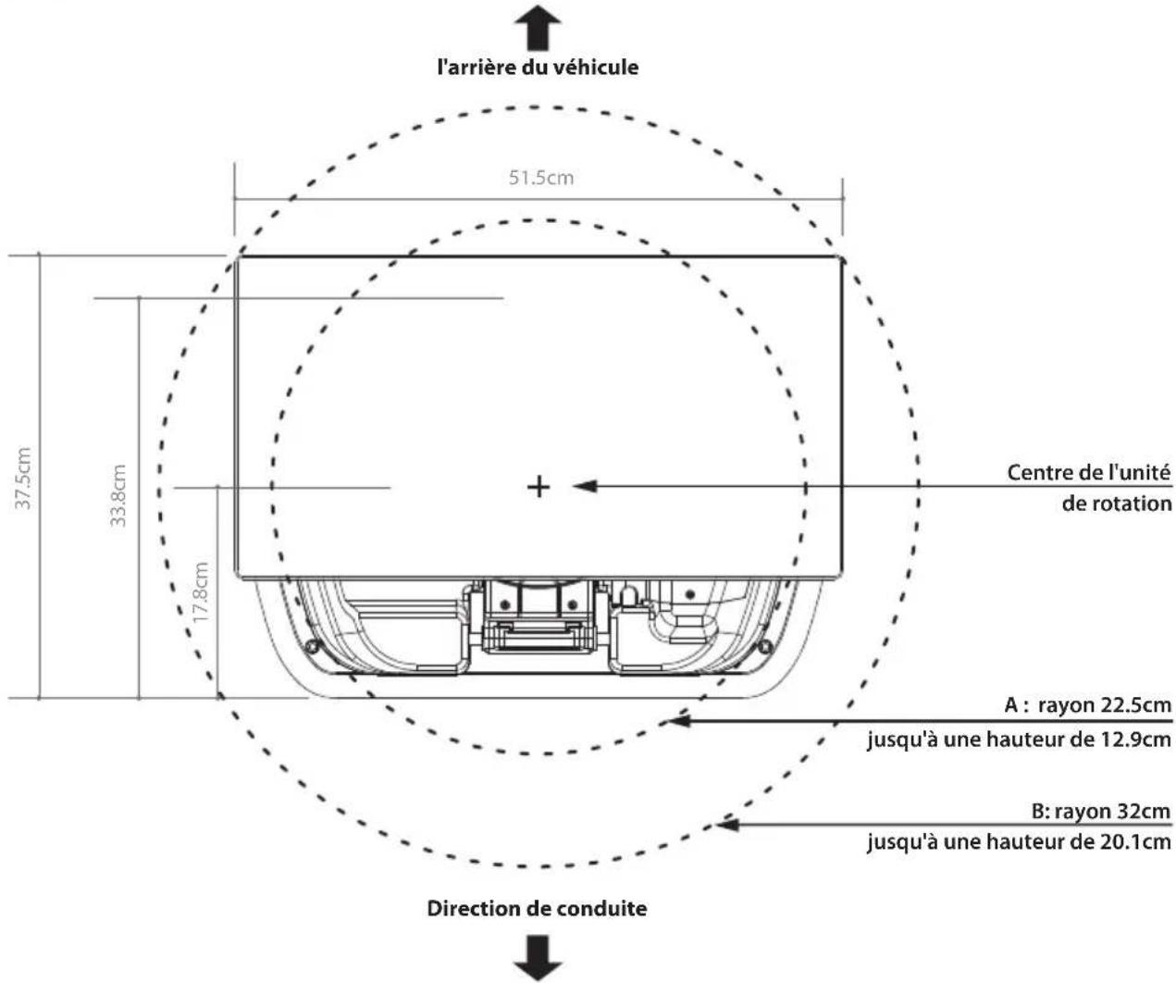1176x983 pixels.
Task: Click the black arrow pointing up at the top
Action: pyautogui.click(x=538, y=28)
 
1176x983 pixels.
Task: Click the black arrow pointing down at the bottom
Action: pyautogui.click(x=538, y=959)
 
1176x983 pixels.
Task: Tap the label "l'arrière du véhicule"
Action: pyautogui.click(x=538, y=68)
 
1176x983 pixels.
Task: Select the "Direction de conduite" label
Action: pyautogui.click(x=537, y=909)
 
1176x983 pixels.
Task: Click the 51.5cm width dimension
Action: pyautogui.click(x=541, y=178)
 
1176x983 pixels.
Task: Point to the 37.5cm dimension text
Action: pyautogui.click(x=23, y=479)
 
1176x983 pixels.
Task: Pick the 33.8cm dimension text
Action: pyautogui.click(x=118, y=495)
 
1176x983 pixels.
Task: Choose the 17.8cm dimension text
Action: pyautogui.click(x=201, y=592)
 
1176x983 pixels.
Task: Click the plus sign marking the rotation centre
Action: pyautogui.click(x=538, y=487)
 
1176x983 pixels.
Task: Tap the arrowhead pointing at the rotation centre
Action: pyautogui.click(x=585, y=486)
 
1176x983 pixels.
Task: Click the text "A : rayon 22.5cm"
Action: pyautogui.click(x=1087, y=705)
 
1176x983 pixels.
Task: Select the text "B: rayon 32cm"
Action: pyautogui.click(x=1100, y=812)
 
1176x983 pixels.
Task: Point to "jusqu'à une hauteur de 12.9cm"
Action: pyautogui.click(x=1019, y=739)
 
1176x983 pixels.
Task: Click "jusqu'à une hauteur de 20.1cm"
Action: pyautogui.click(x=1019, y=841)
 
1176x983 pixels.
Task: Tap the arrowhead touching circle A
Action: pyautogui.click(x=679, y=720)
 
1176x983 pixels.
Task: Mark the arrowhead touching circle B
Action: pyautogui.click(x=726, y=825)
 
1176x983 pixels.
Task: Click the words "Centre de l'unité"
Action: pyautogui.click(x=1089, y=473)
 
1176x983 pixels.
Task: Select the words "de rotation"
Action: pyautogui.click(x=1116, y=504)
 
